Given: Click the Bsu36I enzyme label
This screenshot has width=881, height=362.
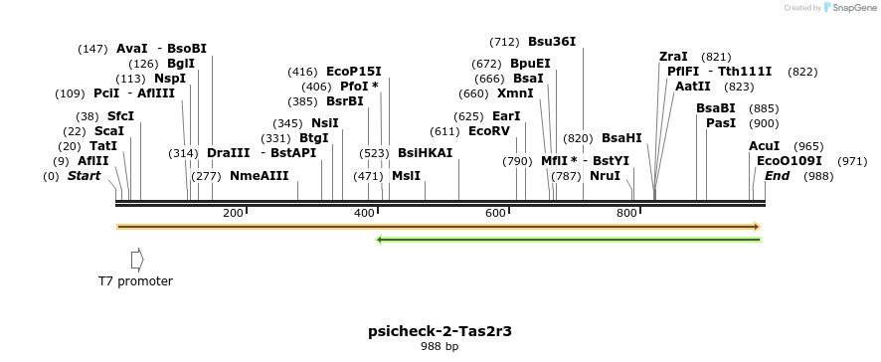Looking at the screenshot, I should pos(552,42).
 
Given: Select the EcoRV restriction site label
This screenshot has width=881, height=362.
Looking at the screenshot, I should pos(488,131).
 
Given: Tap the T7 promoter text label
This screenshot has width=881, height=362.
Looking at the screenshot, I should pos(135,281).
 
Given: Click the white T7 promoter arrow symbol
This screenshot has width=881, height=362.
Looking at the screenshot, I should pos(137,260).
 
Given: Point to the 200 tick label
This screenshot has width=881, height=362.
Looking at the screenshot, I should pos(233,213).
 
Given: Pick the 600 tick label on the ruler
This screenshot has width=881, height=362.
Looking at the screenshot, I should pos(495,213).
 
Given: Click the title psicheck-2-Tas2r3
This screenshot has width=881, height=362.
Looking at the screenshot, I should pos(440,331).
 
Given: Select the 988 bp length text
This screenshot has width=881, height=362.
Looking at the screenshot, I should pos(440,347).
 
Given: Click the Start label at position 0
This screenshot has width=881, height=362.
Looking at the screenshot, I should pos(85,176).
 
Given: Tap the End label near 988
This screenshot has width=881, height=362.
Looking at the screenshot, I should pos(778,176).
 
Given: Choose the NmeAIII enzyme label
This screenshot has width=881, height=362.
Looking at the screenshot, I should pos(259,176).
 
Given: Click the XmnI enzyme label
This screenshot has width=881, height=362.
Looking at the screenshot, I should pos(515,93).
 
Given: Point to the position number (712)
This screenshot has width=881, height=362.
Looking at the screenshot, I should pos(504,42).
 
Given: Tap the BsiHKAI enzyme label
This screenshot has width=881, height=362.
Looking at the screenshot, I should pos(425,153).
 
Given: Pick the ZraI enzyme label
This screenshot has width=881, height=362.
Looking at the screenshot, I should pos(674,57).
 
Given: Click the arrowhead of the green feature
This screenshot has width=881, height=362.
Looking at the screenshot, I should pos(380,239).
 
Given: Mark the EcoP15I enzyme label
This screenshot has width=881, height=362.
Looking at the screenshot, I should pos(353,72).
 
